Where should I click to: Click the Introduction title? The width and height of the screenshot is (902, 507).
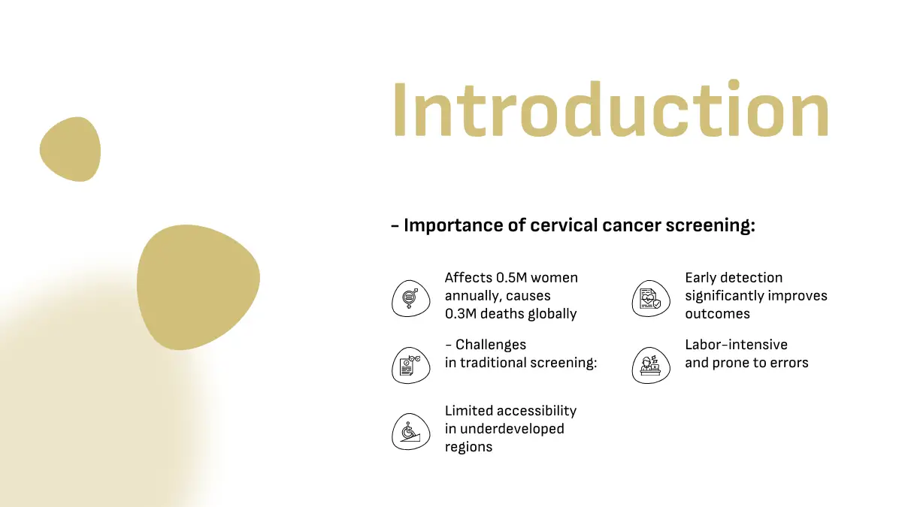611,109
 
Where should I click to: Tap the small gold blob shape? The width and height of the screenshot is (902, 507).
71,149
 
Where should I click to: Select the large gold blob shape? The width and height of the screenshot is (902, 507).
198,287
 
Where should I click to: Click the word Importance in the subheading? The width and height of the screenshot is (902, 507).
453,225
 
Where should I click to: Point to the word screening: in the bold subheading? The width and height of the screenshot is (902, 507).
710,225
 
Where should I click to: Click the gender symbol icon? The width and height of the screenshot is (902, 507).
410,299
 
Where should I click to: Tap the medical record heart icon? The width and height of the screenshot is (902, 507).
651,299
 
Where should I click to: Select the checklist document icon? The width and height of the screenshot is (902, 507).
410,365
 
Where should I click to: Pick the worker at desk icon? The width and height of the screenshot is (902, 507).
651,365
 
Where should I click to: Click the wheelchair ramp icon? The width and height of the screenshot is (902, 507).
410,431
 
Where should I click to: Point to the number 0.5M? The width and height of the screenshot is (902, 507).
511,278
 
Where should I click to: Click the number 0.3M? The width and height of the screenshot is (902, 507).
461,314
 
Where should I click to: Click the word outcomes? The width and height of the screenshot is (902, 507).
718,314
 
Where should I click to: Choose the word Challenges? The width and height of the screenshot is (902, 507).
490,345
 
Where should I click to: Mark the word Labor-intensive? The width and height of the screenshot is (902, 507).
736,345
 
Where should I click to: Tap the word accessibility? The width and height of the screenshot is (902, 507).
539,412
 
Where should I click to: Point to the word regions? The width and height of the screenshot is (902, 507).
468,448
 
